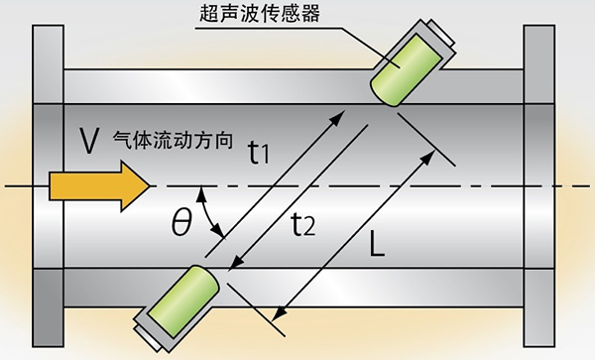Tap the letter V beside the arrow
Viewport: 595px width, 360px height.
[87, 141]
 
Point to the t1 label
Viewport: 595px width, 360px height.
[259, 152]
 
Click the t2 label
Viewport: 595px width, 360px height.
[303, 225]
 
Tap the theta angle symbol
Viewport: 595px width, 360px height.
[180, 223]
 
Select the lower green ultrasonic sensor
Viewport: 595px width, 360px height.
[185, 297]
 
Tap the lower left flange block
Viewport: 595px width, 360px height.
[47, 307]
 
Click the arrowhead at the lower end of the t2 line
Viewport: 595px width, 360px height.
[234, 265]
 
